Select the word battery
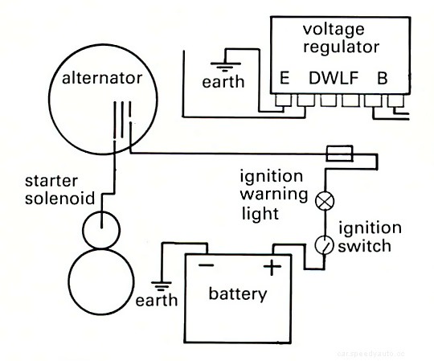[x=237, y=294]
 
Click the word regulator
[x=340, y=47]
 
